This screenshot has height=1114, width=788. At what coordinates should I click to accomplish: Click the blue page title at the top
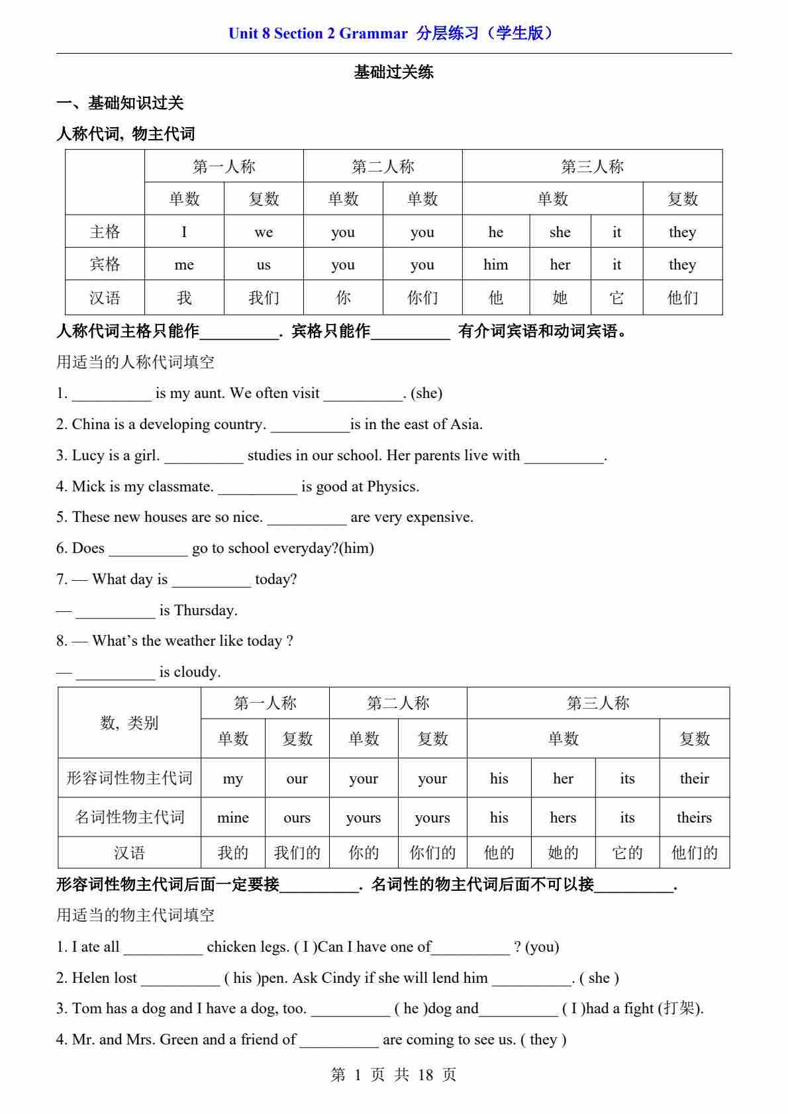tap(393, 33)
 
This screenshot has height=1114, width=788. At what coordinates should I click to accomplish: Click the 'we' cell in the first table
tap(264, 232)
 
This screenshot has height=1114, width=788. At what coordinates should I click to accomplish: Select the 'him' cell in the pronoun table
tap(495, 264)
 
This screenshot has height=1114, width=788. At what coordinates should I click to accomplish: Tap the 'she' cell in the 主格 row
tap(560, 232)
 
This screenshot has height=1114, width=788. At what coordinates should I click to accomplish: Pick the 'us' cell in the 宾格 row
tap(264, 264)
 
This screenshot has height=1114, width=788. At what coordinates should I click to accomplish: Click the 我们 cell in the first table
tap(264, 297)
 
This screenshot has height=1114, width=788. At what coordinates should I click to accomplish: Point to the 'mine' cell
tap(232, 817)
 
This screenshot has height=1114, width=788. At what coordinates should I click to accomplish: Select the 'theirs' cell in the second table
tap(694, 817)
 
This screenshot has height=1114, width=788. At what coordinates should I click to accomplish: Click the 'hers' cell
tap(563, 817)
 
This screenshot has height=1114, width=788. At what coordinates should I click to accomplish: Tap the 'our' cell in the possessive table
tap(297, 778)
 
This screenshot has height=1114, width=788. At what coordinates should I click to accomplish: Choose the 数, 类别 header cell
tap(129, 723)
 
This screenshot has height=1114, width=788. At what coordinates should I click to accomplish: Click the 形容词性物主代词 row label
tap(129, 778)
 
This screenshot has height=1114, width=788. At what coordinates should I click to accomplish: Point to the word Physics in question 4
tap(392, 486)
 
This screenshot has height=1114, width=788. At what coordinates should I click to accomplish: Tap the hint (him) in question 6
tap(356, 548)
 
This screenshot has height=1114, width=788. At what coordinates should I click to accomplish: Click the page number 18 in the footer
tap(425, 1074)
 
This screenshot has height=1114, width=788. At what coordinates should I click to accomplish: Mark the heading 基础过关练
tap(393, 72)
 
